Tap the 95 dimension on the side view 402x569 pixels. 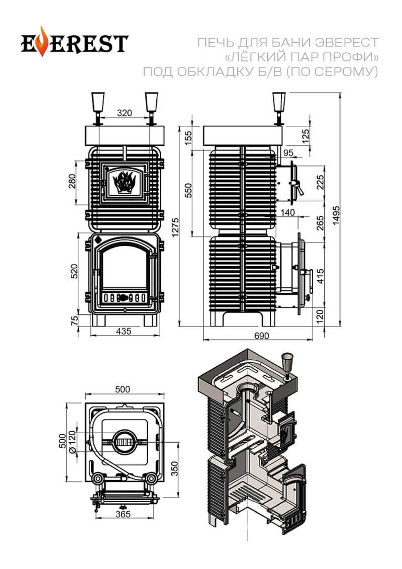pyautogui.click(x=288, y=152)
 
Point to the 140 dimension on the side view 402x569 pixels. pyautogui.click(x=288, y=213)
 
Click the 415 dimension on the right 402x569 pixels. pyautogui.click(x=320, y=272)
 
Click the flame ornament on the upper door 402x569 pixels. pyautogui.click(x=124, y=182)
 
